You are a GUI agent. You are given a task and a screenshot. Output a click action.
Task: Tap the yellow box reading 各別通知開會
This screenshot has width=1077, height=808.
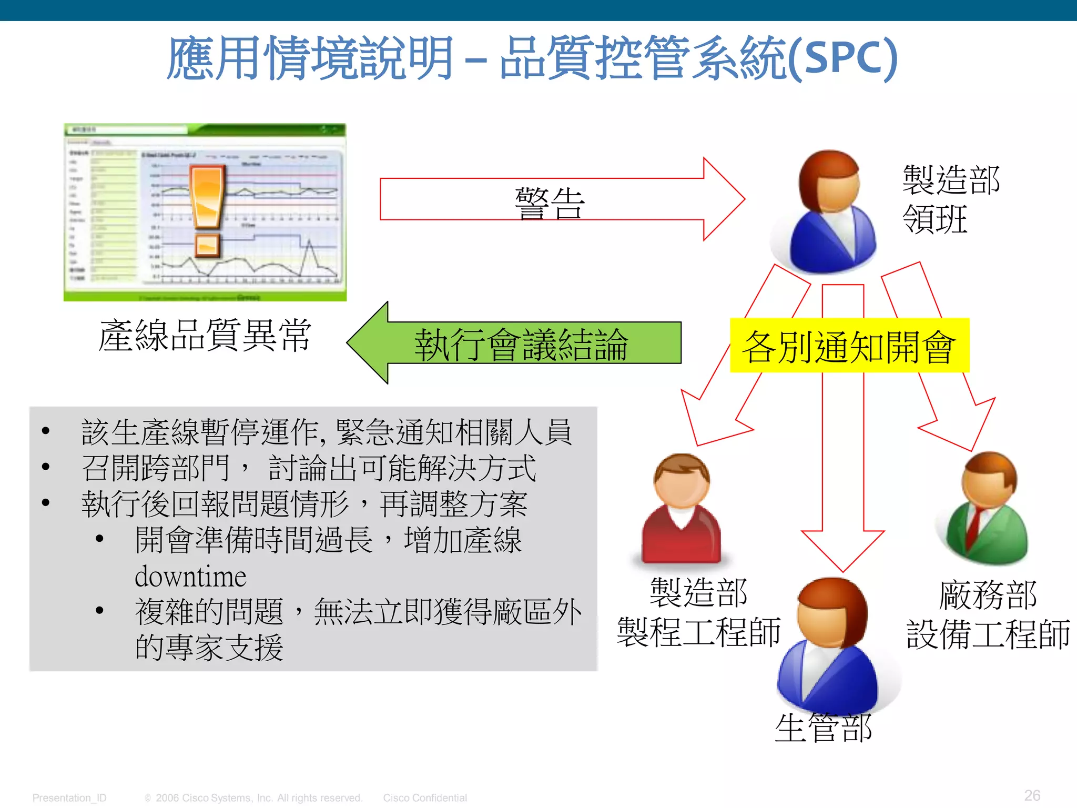tap(849, 346)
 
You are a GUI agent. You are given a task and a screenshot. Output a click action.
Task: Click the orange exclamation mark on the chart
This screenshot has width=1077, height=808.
tap(208, 210)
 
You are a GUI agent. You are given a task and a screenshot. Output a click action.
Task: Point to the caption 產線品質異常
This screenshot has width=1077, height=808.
tap(205, 335)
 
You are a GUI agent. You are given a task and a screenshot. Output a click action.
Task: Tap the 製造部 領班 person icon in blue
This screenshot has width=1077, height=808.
tap(828, 213)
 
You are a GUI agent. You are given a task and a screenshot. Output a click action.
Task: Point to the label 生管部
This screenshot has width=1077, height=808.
tap(824, 728)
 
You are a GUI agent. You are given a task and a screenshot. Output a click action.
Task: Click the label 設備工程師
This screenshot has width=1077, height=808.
tap(988, 634)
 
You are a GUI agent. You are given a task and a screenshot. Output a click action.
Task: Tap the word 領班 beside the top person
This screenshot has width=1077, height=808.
tap(934, 219)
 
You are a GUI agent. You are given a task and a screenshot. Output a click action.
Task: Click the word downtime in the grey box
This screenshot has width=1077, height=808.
tap(190, 577)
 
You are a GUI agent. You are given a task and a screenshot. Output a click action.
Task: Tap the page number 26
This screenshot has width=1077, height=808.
tap(1032, 795)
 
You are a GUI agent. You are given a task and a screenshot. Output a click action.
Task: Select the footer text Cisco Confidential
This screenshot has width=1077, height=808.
tap(425, 798)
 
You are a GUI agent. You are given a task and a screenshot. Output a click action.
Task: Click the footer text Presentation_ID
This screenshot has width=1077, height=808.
tap(69, 798)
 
